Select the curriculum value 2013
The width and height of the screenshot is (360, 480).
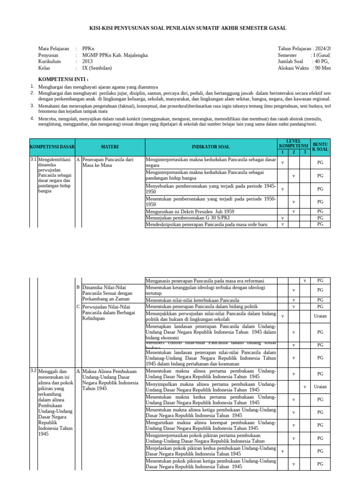point(88,61)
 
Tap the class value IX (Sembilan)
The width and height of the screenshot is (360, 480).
point(98,68)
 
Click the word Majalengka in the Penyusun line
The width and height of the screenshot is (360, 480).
point(133,55)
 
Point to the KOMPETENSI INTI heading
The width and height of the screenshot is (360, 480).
point(63,79)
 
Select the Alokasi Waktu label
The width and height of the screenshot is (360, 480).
point(293,68)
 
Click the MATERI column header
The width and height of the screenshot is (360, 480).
point(110,147)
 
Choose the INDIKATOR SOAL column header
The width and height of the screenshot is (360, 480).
point(211,147)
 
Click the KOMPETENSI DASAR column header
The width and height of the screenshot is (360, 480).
point(52,147)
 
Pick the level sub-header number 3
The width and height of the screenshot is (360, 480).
point(305,152)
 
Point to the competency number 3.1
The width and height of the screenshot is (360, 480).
point(33,159)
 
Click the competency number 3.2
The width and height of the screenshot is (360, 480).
point(33,371)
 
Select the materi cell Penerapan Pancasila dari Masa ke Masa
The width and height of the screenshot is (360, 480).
point(108,162)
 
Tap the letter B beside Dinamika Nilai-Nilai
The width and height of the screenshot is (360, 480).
point(78,287)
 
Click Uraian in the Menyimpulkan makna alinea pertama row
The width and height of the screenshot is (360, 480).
point(320,387)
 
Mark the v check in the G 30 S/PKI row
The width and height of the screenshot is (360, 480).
point(283,218)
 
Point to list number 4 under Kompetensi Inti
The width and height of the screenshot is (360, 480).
point(32,118)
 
